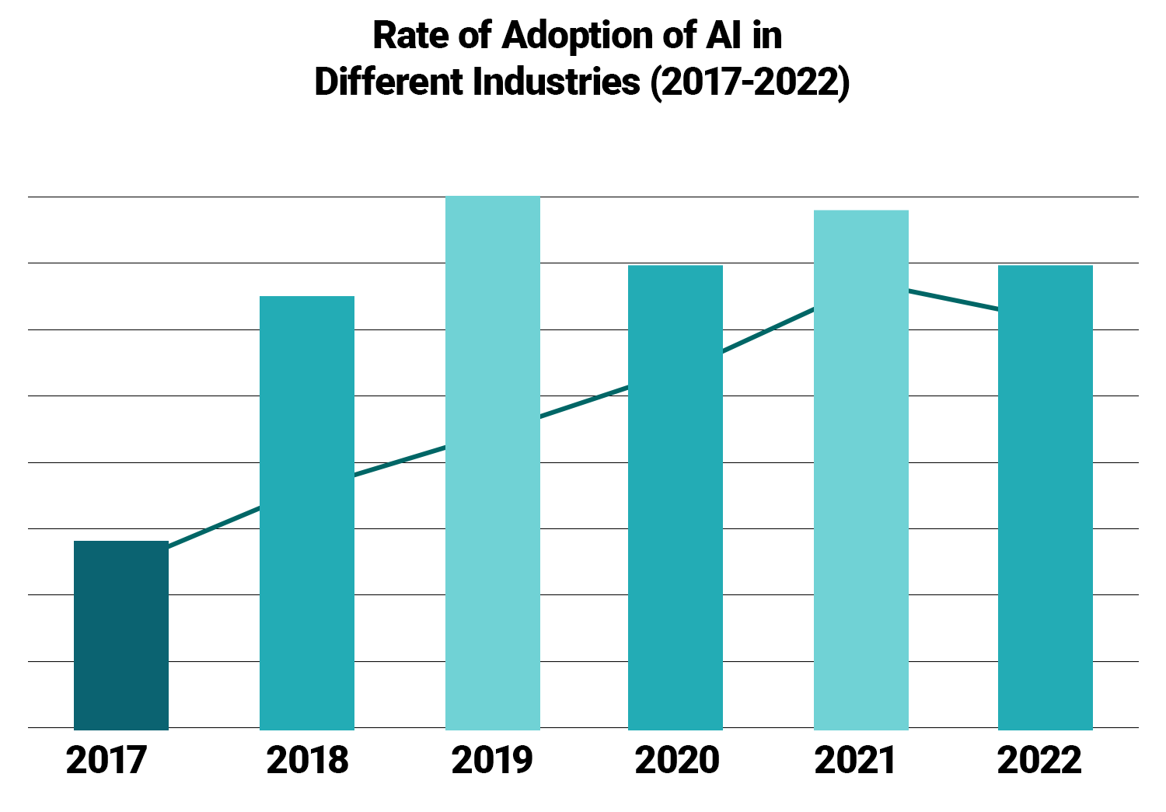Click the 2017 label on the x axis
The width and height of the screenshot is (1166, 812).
tap(106, 760)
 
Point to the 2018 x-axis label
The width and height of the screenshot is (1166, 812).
tap(307, 760)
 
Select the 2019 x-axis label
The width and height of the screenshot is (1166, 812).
tap(492, 760)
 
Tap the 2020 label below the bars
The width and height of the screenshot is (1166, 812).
tap(676, 760)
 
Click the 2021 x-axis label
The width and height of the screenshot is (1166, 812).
tap(855, 760)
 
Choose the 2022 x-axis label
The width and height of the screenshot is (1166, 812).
tap(1039, 760)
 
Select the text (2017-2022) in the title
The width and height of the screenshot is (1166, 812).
tap(750, 82)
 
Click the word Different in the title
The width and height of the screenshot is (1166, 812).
tap(386, 82)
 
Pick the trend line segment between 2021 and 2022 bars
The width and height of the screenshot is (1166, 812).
tap(953, 300)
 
